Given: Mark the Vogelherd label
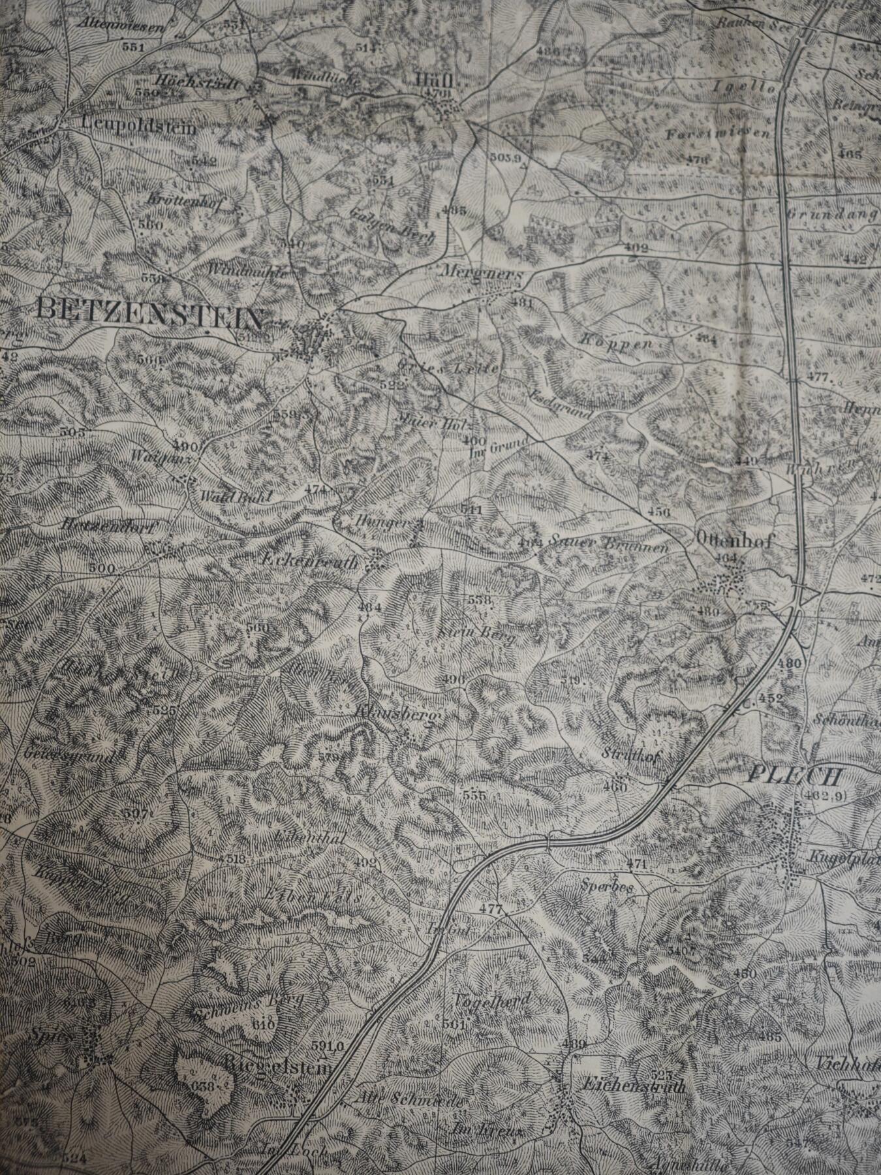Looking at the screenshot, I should [491, 999].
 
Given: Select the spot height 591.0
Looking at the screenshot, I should [327, 1046].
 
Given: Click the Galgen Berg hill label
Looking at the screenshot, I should [392, 224].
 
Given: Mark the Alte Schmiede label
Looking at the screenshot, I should [408, 1099].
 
